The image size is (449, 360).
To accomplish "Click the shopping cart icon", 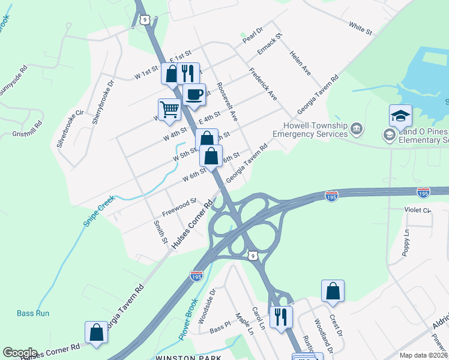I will (170, 109).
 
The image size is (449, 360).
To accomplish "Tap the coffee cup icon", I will (194, 94).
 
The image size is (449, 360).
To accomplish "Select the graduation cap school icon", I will (400, 115).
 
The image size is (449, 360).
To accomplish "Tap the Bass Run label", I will (33, 313).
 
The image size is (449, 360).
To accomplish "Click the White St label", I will (360, 26).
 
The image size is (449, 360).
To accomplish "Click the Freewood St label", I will (179, 207).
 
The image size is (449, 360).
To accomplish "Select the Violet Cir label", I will (418, 210).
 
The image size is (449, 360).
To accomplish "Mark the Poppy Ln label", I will (406, 241).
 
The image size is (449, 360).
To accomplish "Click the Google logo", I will (20, 353).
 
